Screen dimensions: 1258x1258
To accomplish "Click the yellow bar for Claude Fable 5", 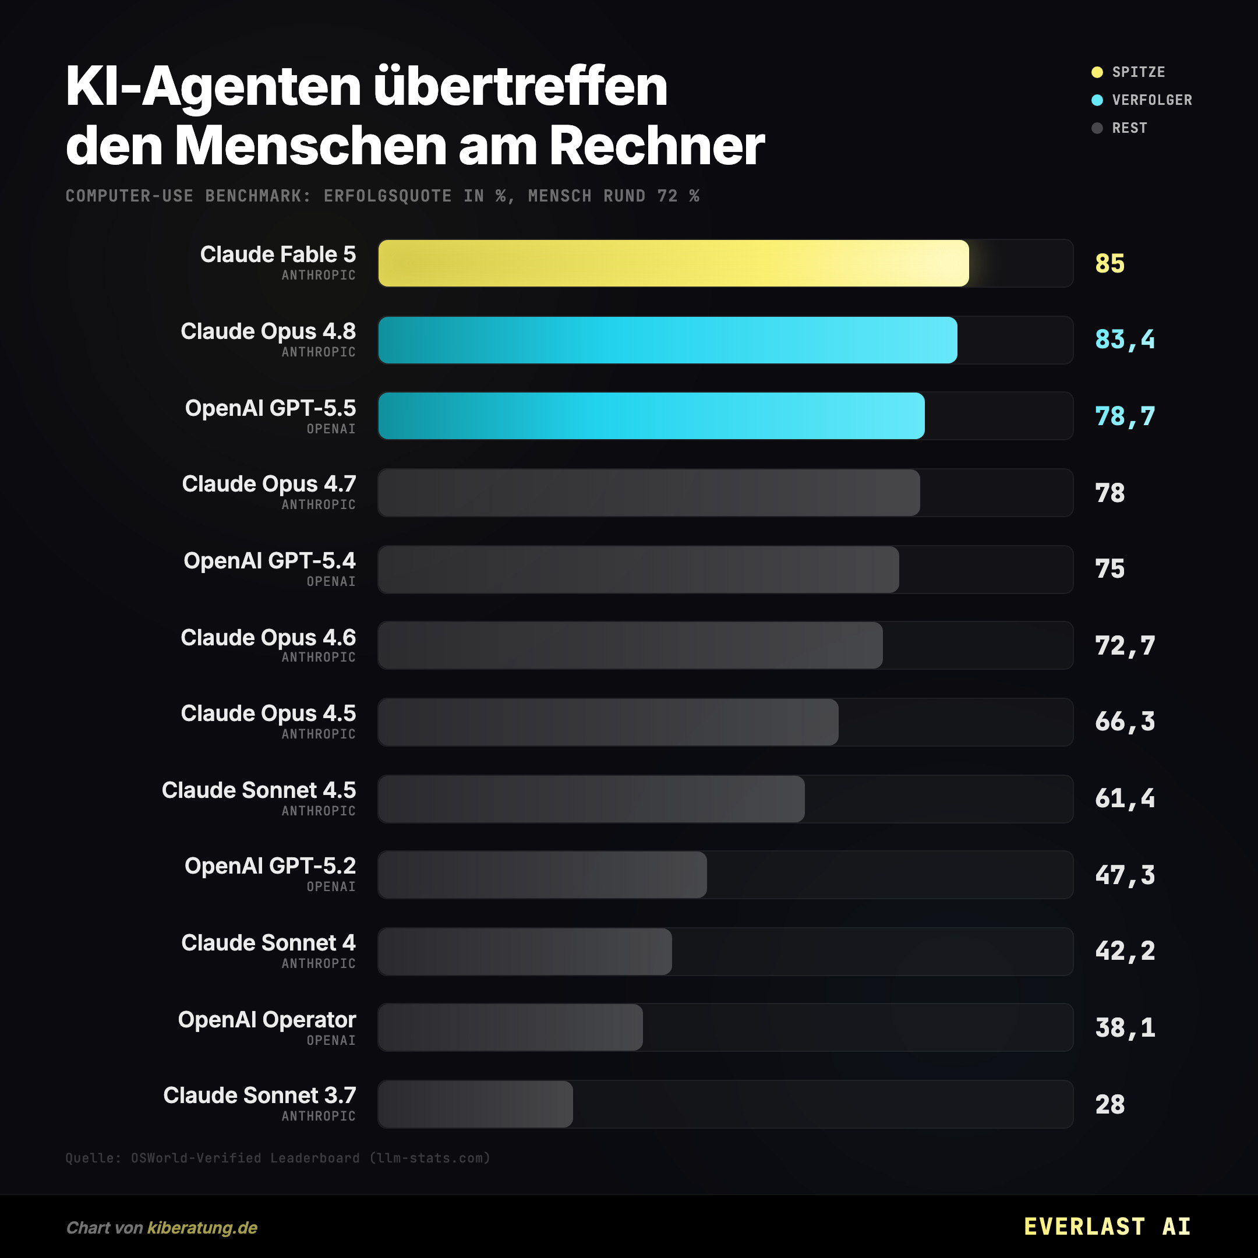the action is pos(673,263).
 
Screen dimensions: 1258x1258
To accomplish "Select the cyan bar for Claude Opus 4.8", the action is pos(667,340).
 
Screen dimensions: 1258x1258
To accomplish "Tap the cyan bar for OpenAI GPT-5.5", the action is pos(651,416).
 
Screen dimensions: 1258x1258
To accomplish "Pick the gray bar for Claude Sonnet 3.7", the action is pos(475,1104).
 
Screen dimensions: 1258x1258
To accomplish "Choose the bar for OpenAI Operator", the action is pos(511,1027).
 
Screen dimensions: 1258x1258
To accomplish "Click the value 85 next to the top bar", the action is pos(1109,264).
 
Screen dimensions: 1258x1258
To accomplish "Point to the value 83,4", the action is pos(1125,340).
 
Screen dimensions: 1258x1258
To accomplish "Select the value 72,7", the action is pos(1125,646).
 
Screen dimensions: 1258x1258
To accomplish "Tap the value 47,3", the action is pos(1125,875).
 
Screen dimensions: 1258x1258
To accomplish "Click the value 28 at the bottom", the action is pos(1109,1104).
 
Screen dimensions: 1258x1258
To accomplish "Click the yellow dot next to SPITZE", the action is pos(1097,72).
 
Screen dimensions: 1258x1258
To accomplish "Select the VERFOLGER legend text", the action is pos(1152,100).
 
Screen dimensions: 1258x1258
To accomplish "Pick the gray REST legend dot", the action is pos(1097,128).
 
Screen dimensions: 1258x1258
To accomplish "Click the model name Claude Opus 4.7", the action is pos(269,484).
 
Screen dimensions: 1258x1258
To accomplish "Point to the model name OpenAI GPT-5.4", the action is pos(270,561).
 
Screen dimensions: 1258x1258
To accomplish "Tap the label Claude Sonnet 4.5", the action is pos(259,790).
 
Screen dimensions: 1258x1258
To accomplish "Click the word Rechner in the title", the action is pos(657,145).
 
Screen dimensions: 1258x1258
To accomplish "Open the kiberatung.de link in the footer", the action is pos(203,1228).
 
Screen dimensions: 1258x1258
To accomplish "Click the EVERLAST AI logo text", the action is pos(1107,1227).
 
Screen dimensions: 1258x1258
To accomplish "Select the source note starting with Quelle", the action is pos(277,1158).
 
